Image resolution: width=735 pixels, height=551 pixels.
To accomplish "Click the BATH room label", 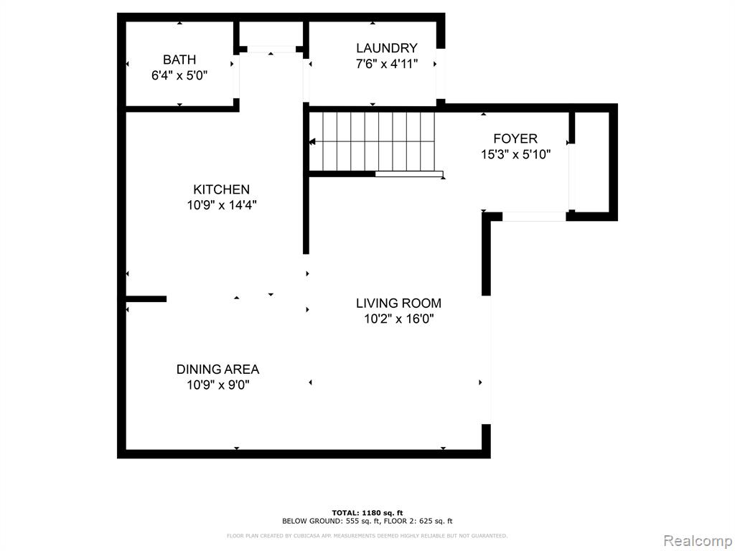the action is (x=179, y=60).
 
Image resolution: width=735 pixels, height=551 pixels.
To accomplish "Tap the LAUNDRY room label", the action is (x=387, y=48).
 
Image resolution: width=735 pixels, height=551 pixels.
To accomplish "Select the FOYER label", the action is (x=515, y=138).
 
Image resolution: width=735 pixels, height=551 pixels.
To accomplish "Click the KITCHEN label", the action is (x=221, y=189).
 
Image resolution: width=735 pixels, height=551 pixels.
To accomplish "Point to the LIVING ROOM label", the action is (x=398, y=303).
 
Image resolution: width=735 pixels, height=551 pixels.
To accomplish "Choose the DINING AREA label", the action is (x=218, y=369).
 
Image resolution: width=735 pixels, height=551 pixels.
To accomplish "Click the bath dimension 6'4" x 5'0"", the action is (x=179, y=75).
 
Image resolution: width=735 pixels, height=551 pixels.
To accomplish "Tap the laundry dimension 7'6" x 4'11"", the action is (x=387, y=64).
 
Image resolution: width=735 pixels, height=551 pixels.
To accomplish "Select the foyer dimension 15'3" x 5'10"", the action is (x=515, y=154).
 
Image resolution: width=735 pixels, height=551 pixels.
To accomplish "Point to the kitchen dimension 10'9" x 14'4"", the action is (x=222, y=205).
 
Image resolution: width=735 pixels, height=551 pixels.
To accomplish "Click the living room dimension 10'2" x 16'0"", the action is (x=399, y=319).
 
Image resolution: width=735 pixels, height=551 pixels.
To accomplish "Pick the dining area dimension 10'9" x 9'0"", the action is (x=218, y=385).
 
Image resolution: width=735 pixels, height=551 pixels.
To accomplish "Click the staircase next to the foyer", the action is (x=373, y=141).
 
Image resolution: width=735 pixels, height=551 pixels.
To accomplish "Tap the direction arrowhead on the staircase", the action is (x=312, y=141).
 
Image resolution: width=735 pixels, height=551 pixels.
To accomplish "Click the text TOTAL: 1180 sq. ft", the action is (x=367, y=512).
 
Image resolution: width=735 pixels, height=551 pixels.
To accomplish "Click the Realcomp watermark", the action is (x=698, y=541).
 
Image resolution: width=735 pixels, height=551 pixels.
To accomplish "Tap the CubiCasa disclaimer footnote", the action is (x=367, y=535).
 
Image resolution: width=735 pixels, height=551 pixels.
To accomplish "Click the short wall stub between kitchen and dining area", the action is (x=146, y=299).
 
